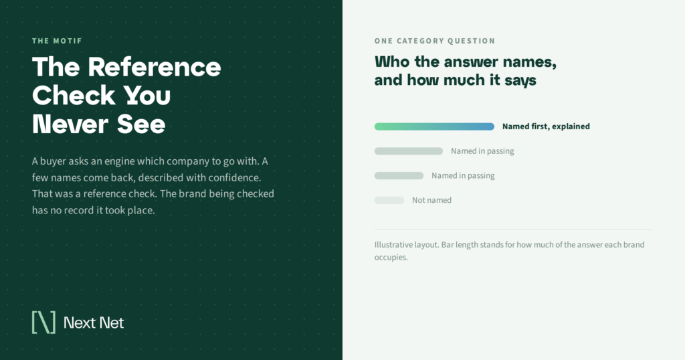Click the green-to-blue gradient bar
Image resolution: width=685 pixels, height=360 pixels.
pos(434,126)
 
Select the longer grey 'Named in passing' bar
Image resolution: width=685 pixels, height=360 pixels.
pos(409,151)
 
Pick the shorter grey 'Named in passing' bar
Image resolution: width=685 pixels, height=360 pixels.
pos(399,175)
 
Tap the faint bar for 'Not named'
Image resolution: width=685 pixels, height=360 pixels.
pos(389,200)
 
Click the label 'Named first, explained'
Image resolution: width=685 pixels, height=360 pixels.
pos(546,126)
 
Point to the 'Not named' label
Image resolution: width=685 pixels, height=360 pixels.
pos(431,200)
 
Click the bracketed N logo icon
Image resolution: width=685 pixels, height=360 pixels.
pos(43,323)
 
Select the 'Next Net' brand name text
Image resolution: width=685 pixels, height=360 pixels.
pos(94,323)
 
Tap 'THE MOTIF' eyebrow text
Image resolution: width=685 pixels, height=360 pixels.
pos(58,41)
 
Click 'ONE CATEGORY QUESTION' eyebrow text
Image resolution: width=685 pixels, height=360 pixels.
pos(435,41)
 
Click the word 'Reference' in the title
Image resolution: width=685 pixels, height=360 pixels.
pos(155,68)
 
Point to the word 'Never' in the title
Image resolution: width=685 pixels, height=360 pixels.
pos(70,124)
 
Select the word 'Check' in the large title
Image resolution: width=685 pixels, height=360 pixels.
pos(74,96)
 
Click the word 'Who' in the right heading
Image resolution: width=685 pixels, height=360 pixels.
pos(392,62)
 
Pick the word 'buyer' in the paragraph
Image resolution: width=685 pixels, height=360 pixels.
pos(53,161)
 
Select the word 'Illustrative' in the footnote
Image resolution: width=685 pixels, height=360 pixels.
pos(393,245)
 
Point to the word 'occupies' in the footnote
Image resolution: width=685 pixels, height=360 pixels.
pos(391,258)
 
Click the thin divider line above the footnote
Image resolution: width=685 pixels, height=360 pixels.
pos(513,230)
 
